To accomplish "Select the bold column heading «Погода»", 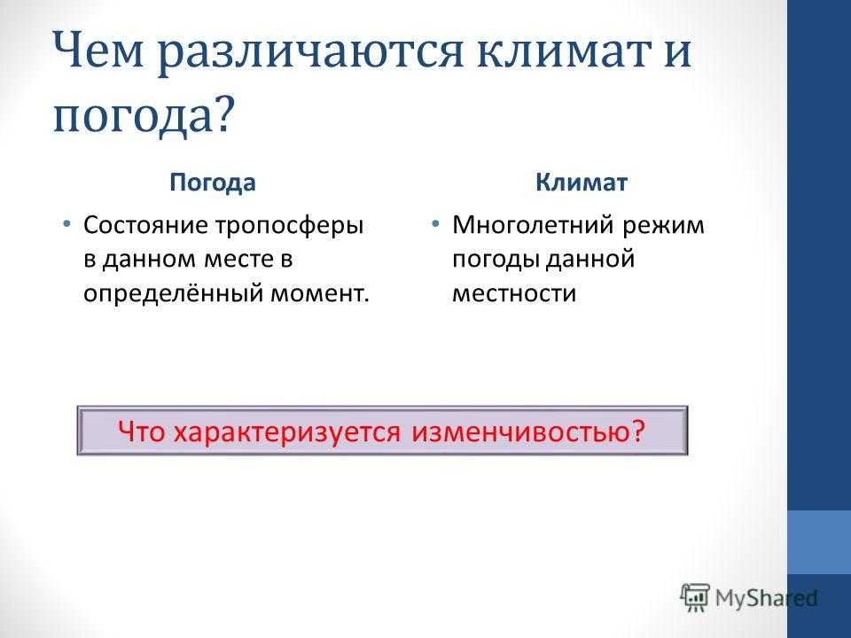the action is [x=212, y=183].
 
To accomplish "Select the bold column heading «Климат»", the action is [x=582, y=183].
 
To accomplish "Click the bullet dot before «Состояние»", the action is [x=66, y=223].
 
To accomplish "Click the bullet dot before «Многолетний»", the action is [x=435, y=223].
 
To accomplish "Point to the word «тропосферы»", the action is [x=289, y=226].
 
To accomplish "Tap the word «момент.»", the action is [x=320, y=294].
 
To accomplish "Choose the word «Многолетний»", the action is [x=533, y=225].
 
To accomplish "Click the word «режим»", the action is [x=663, y=226].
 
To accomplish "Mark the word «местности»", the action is [x=514, y=294].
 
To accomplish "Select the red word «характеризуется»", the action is [x=287, y=432].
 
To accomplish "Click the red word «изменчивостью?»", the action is [x=528, y=432].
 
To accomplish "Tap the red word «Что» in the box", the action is [x=141, y=432].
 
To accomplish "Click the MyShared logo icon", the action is [x=695, y=598].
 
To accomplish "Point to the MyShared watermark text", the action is [x=766, y=598].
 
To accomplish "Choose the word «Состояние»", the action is [x=145, y=225].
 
